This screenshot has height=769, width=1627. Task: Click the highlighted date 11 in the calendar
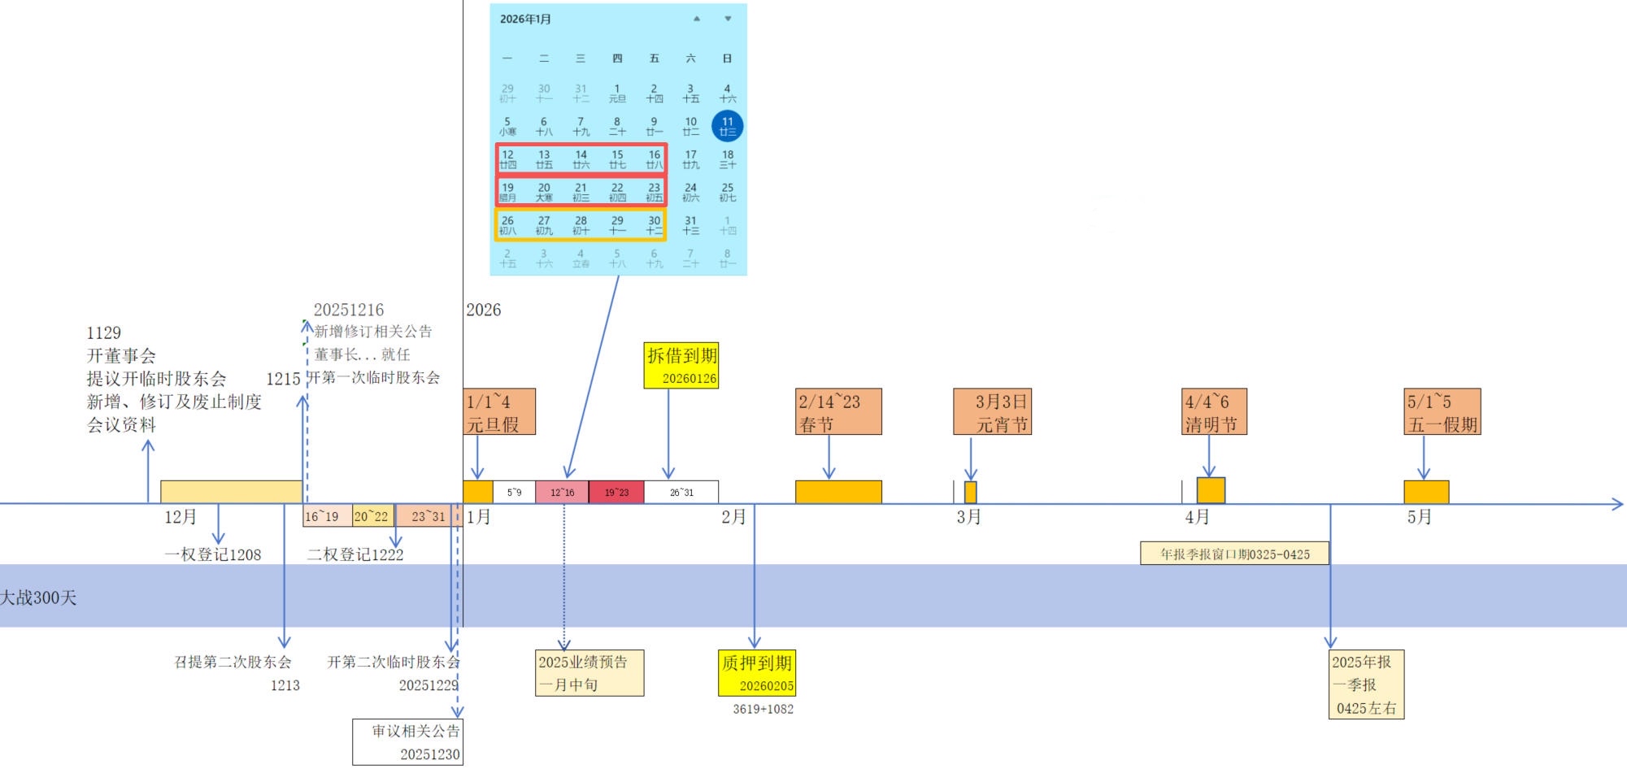(727, 126)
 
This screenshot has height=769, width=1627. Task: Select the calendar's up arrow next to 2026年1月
(696, 19)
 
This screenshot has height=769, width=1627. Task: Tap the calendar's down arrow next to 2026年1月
(728, 19)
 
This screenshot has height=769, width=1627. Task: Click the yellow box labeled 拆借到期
(681, 365)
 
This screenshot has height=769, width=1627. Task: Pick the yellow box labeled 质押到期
(756, 672)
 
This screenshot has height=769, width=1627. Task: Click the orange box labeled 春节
(838, 411)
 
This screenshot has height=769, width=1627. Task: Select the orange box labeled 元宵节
(992, 411)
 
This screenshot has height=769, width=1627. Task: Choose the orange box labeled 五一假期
(1442, 411)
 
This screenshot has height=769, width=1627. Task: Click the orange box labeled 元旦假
(499, 411)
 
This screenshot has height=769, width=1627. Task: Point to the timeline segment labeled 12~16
(562, 492)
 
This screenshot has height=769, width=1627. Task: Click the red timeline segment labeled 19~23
(616, 492)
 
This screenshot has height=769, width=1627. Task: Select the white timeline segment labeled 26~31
(681, 492)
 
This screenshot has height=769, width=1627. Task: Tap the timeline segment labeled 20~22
(372, 515)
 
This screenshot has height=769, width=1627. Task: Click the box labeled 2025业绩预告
(589, 672)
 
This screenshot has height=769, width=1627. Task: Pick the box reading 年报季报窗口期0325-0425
(1234, 554)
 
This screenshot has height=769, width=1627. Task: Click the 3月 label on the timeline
(968, 517)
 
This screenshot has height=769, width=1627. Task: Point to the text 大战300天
(39, 597)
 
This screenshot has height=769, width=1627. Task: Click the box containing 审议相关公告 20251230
(408, 741)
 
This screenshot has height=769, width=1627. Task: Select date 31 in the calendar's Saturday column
(690, 224)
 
